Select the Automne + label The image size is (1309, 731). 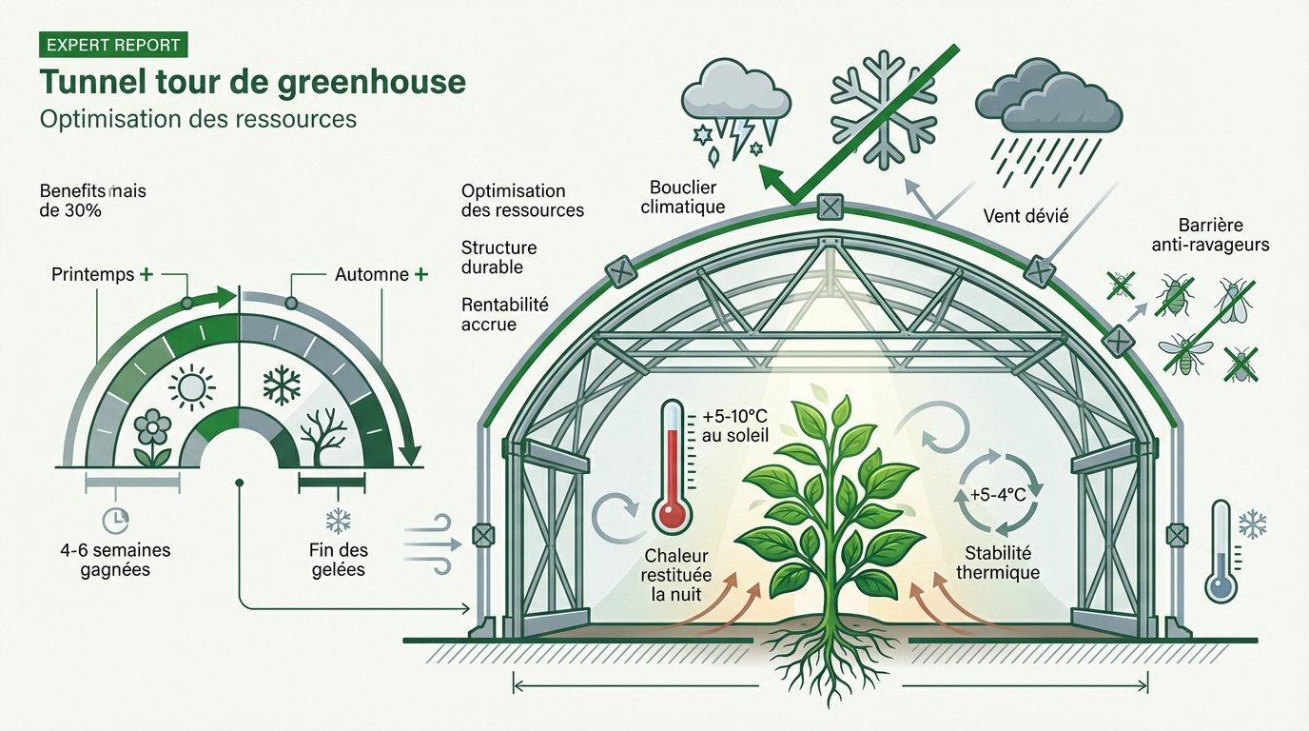point(380,275)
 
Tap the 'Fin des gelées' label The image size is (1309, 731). point(338,560)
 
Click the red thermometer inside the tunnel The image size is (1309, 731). point(673,466)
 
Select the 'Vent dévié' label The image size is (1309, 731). point(1027,216)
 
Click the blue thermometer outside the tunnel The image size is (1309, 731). point(1221,552)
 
